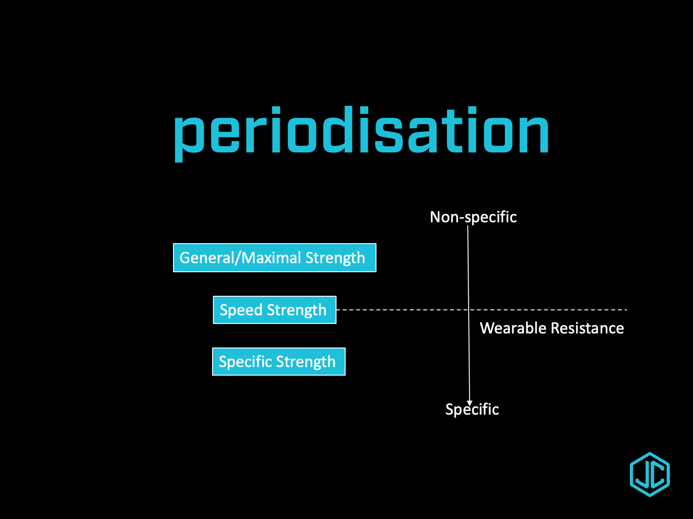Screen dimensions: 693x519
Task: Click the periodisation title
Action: (361, 132)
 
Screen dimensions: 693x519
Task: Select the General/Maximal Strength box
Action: (274, 258)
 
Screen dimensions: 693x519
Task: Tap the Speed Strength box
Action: (274, 310)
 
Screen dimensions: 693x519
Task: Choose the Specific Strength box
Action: (278, 362)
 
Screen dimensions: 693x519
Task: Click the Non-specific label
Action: (473, 217)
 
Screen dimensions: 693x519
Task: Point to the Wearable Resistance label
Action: (552, 328)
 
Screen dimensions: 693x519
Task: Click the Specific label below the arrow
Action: (472, 409)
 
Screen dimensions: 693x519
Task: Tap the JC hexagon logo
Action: (650, 475)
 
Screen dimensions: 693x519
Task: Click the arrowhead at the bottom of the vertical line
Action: (470, 402)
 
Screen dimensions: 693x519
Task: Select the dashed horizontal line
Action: (545, 310)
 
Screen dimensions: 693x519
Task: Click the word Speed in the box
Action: (241, 310)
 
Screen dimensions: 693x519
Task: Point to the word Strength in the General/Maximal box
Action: (335, 258)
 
